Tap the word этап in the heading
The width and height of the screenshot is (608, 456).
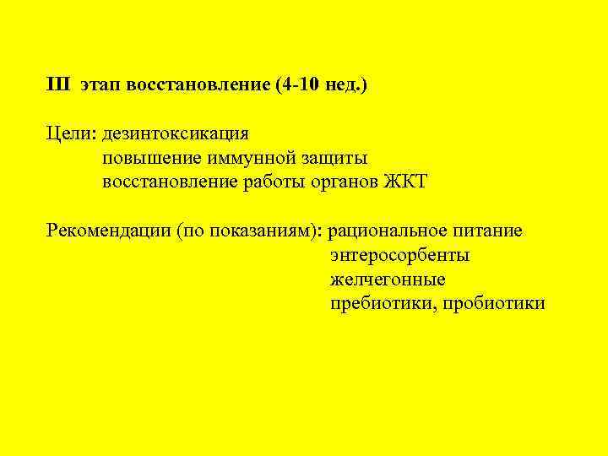point(100,85)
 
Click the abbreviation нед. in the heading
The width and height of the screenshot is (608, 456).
point(346,85)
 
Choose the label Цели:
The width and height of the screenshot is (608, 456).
point(73,133)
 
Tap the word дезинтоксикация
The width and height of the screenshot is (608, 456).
point(176,133)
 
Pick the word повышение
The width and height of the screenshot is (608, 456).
point(149,158)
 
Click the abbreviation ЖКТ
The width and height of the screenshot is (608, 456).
point(407,182)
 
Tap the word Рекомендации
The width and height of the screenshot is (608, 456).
point(109,231)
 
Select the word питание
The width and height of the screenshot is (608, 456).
point(490,231)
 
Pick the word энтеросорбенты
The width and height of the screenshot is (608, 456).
point(400,255)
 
